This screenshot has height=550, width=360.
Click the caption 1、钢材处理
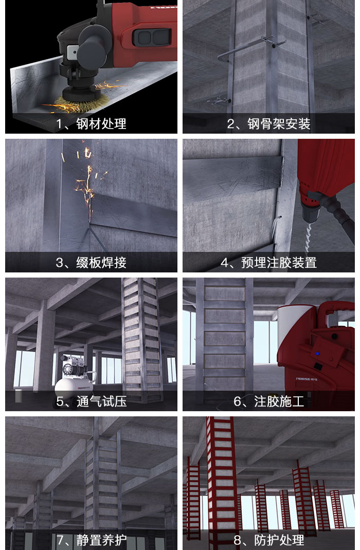pos(91,124)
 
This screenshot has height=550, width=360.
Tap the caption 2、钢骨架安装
pos(268,124)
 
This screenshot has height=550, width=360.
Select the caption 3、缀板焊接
pos(91,263)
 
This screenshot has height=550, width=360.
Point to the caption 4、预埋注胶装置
pos(268,263)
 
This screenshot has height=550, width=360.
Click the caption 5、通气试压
pos(91,401)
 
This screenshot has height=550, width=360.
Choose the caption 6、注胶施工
pos(268,401)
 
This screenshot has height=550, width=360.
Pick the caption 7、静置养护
pos(91,540)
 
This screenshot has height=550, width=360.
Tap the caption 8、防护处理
pos(268,540)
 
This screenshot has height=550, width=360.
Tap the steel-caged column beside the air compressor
pos(141,339)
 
